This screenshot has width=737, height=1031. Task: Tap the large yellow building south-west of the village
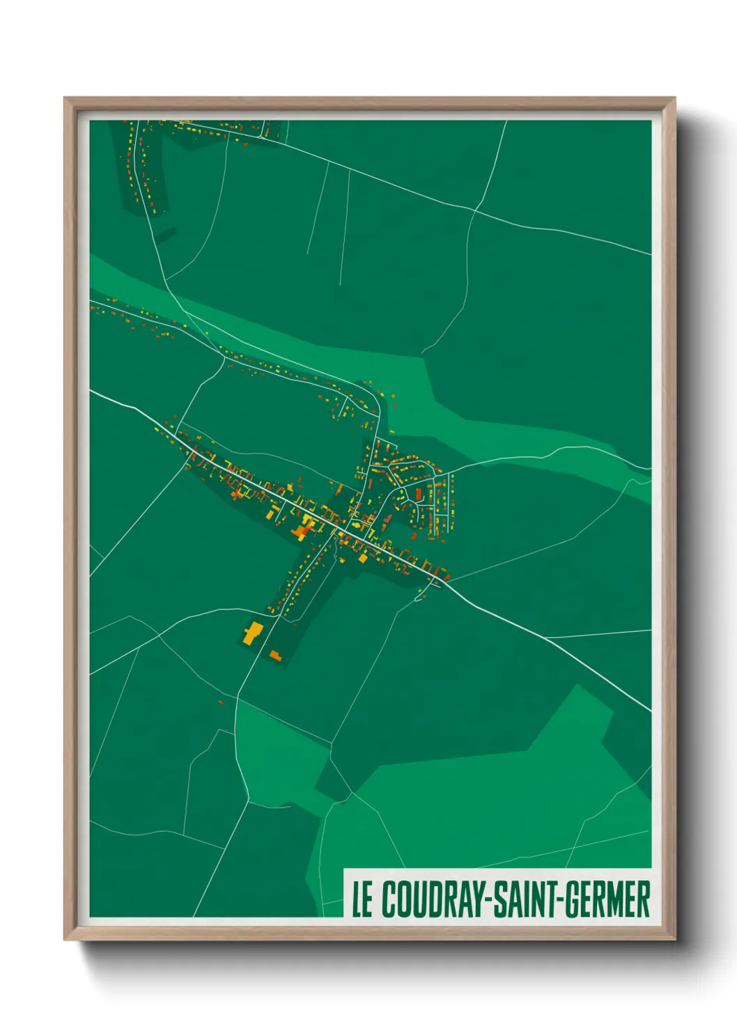[x=252, y=633]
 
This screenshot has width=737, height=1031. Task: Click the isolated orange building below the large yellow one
[x=275, y=656]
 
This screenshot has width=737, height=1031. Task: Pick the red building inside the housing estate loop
[x=418, y=494]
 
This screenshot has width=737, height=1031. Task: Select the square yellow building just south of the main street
[x=362, y=558]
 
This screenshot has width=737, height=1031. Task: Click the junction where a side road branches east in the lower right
[x=545, y=637]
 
